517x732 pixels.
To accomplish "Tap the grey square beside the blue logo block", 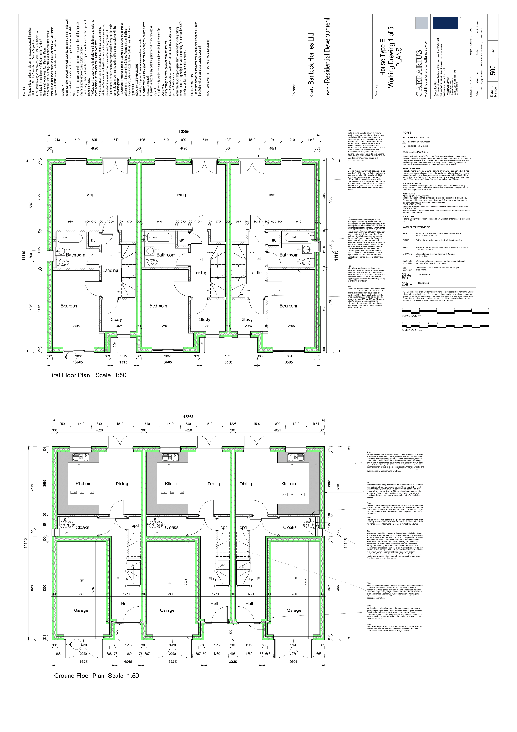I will pos(420,23).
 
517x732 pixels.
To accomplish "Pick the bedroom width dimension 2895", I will pos(75,326).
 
